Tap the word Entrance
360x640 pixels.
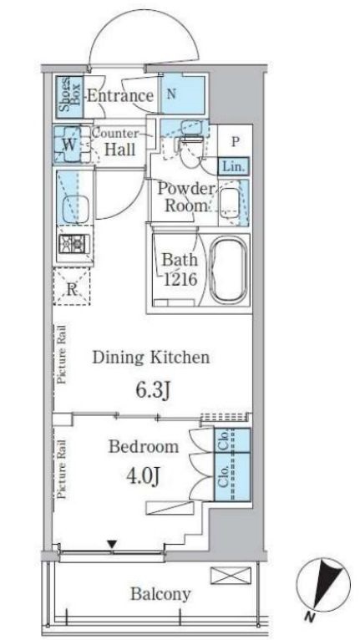click(120, 95)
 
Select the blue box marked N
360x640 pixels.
click(182, 94)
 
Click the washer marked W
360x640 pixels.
click(68, 145)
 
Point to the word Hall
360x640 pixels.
click(120, 150)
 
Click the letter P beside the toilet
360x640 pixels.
click(235, 142)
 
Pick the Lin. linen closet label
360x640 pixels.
click(233, 166)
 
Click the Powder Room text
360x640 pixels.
click(185, 197)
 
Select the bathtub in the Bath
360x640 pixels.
click(228, 269)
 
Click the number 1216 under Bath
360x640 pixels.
click(180, 279)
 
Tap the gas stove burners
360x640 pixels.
click(74, 244)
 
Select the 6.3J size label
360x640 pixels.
click(152, 390)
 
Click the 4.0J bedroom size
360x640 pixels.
click(143, 475)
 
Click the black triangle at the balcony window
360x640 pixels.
click(112, 545)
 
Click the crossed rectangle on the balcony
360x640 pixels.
click(231, 575)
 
